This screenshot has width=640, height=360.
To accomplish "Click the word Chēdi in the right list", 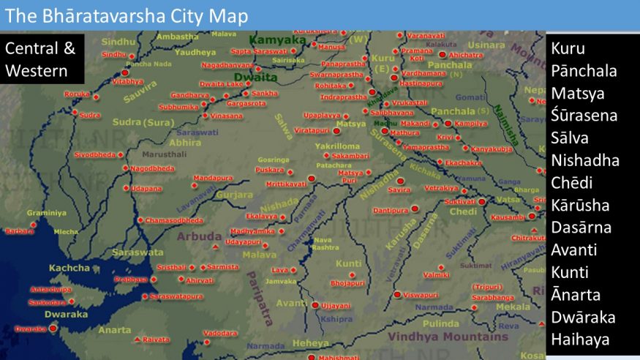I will tap(572, 182).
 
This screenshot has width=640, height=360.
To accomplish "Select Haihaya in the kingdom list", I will tap(581, 340).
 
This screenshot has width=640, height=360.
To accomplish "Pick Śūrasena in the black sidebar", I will tap(584, 116).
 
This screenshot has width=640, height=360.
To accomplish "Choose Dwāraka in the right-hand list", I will tap(583, 317).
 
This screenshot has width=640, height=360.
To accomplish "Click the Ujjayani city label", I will tap(336, 305).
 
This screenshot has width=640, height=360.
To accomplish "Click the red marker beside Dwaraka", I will tap(53, 329).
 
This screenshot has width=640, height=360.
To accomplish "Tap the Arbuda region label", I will tap(199, 236).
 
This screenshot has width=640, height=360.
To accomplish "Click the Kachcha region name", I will tap(69, 268).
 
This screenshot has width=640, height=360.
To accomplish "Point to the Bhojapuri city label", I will tap(347, 282).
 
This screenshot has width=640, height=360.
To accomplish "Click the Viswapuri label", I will tap(421, 295).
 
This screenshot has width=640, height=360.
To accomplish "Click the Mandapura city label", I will tap(213, 178).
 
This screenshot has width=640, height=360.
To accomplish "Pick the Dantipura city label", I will tap(391, 211).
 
